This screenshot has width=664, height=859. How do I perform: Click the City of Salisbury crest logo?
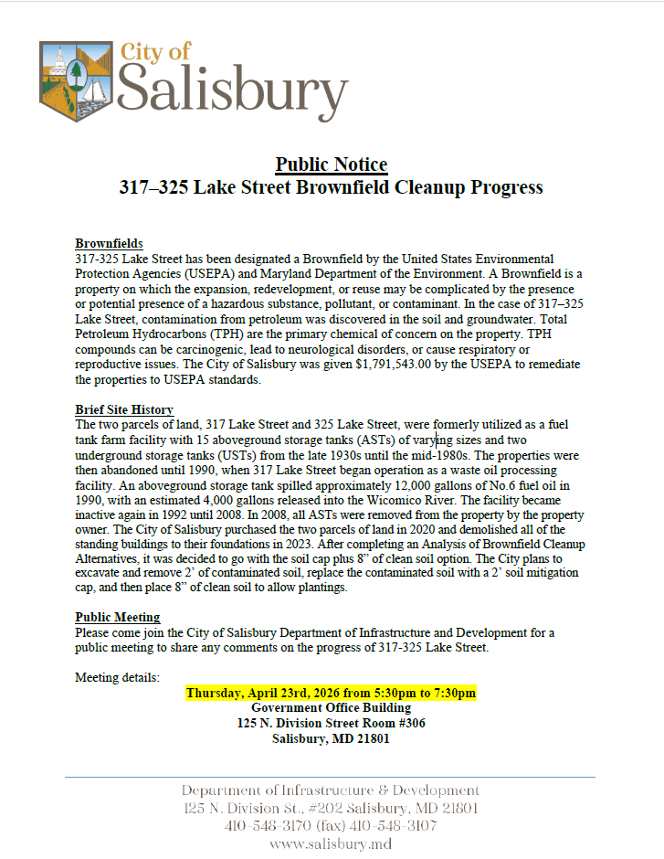pos(76,76)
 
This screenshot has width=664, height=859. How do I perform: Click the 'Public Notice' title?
pos(331,164)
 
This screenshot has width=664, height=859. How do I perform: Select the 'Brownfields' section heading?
pos(109,244)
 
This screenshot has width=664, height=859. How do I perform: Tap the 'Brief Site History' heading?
pos(124,410)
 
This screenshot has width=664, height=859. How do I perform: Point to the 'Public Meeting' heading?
pos(117,618)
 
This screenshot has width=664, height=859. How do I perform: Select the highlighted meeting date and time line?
pos(331,694)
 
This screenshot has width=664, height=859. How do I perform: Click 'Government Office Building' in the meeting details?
pos(331,708)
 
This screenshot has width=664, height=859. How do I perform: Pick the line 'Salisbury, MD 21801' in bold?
pos(331,738)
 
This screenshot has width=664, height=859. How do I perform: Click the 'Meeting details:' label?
pos(117,678)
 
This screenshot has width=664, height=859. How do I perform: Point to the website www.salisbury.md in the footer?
pos(331,843)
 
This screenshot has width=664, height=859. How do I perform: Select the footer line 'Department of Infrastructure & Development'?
pos(331,790)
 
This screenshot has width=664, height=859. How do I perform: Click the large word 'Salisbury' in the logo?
pos(233,91)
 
